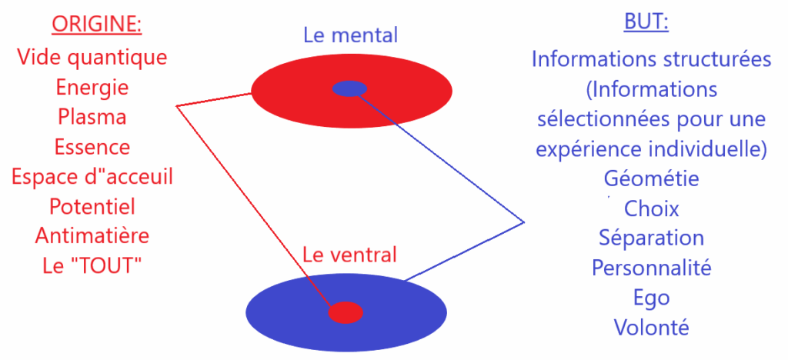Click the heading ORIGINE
click(x=97, y=25)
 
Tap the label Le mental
click(x=350, y=35)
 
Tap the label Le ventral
click(x=350, y=255)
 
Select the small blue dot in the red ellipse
click(x=349, y=88)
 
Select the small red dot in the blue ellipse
click(x=346, y=312)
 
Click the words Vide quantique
click(x=92, y=57)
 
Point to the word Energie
click(x=92, y=87)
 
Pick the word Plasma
click(x=92, y=117)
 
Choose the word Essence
click(x=92, y=146)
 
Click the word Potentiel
click(x=92, y=206)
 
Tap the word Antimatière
click(x=92, y=235)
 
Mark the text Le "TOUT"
click(x=92, y=265)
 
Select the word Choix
click(x=652, y=208)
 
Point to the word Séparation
click(x=652, y=238)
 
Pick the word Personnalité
click(x=652, y=268)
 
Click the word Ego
click(x=652, y=298)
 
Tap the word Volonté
click(x=652, y=328)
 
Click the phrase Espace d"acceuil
click(x=92, y=176)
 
